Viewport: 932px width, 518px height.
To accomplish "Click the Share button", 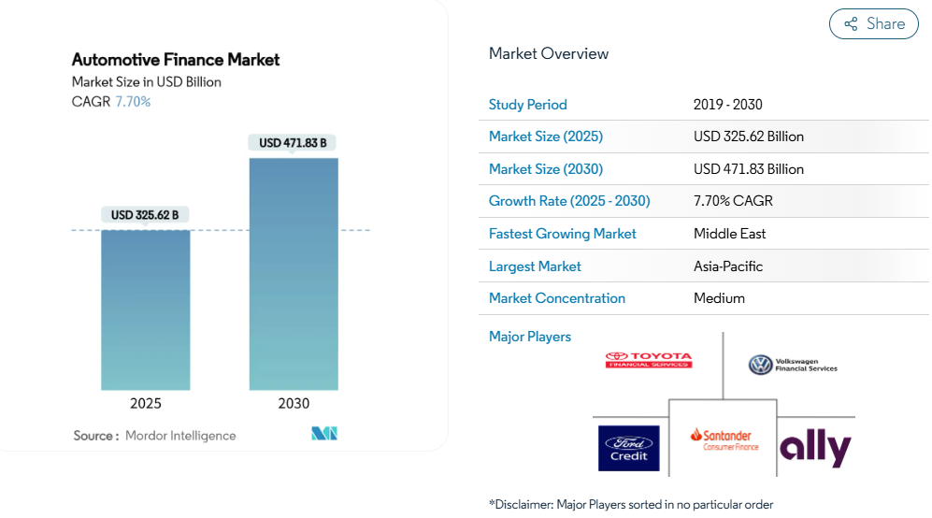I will [x=874, y=24].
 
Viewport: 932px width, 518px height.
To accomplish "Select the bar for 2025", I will [x=146, y=309].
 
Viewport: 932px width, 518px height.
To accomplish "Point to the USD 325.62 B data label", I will [x=145, y=215].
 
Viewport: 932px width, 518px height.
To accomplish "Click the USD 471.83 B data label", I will [x=293, y=143].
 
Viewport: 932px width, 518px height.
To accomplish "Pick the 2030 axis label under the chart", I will [x=294, y=404].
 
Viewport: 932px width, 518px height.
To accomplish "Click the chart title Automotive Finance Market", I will [x=176, y=60].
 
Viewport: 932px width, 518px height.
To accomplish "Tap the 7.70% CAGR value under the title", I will [x=133, y=102].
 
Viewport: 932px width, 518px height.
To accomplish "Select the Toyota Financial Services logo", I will [x=649, y=360].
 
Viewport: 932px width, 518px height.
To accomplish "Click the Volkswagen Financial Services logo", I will [x=793, y=365].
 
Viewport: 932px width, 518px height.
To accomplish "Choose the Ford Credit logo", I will [x=628, y=448].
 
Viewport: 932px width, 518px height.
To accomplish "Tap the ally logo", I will [x=815, y=448].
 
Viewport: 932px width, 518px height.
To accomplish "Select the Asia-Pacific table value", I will [x=728, y=266].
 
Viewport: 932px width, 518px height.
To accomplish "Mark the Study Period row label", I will [x=527, y=105].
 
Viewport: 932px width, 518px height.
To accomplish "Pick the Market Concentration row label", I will [x=556, y=298].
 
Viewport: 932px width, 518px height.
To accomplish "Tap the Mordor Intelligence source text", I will [x=180, y=436].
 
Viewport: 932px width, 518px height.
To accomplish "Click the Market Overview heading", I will [x=549, y=53].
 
